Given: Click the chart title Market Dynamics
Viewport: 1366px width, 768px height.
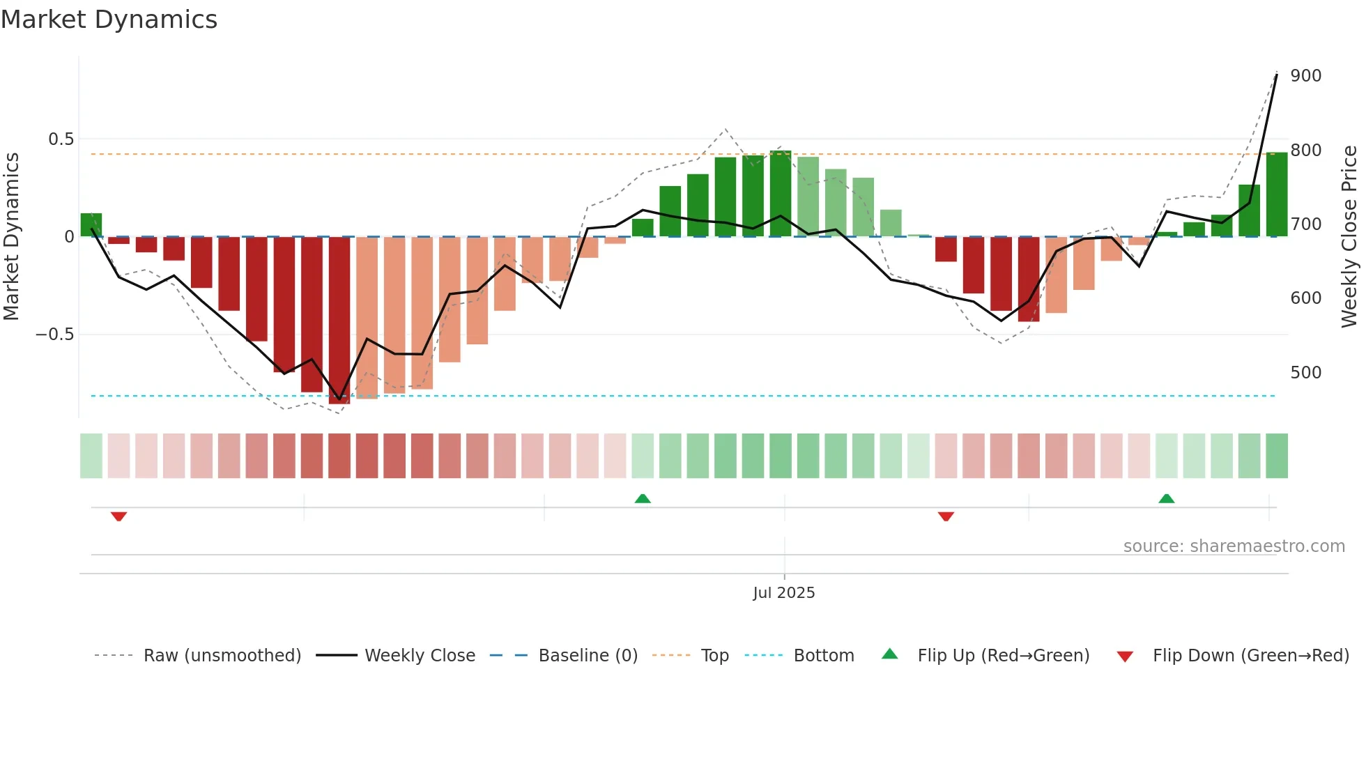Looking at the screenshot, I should pos(109,20).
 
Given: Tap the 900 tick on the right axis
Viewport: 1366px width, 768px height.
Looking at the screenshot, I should pos(1305,75).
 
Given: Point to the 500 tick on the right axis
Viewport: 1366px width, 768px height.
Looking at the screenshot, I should pos(1305,372).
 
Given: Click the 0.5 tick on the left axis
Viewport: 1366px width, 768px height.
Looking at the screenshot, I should pos(61,139).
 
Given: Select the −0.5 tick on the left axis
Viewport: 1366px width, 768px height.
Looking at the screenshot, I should pos(55,335).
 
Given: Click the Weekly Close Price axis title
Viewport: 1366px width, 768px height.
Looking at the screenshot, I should pos(1349,237).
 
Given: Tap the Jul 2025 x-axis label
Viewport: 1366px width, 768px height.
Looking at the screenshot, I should pos(783,592).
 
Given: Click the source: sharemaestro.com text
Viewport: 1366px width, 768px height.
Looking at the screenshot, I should pos(1234,546).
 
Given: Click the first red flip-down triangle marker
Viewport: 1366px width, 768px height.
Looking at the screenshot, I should pos(118,516).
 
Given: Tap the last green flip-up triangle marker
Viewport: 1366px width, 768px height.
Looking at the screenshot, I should pos(1166,498).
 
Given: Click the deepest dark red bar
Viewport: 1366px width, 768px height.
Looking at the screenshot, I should pos(339,321).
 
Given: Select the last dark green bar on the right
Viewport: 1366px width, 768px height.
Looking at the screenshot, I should pos(1276,195).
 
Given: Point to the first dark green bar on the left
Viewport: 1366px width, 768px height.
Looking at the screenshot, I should pos(91,225).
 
